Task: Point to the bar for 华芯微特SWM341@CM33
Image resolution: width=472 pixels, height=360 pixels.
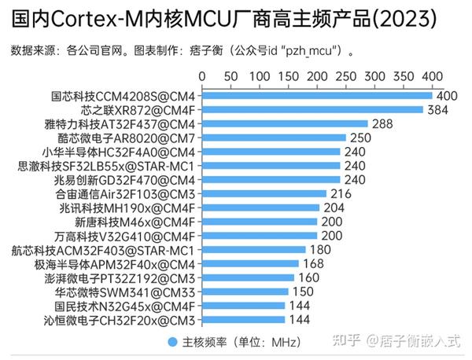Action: coord(245,292)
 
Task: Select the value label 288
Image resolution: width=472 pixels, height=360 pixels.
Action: coord(382,123)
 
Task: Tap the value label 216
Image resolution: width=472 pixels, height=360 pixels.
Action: coord(341,193)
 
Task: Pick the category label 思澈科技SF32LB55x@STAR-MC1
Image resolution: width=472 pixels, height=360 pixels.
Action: coord(105,165)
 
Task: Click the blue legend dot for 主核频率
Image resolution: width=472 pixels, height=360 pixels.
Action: coord(171,343)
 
